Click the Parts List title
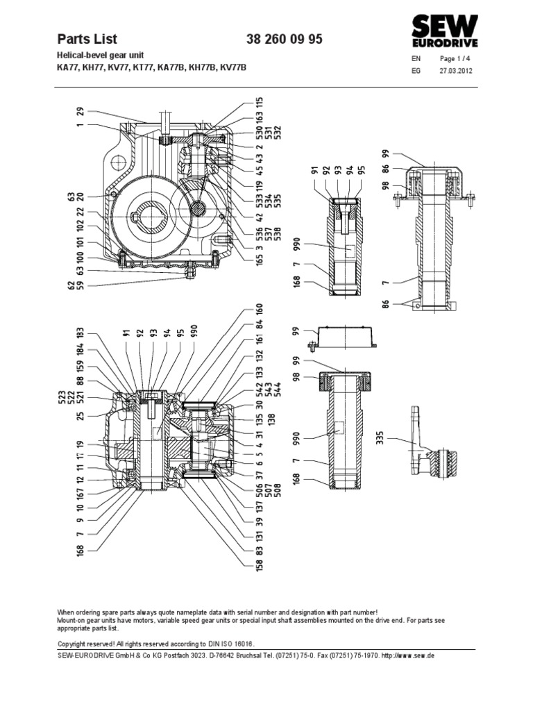87,40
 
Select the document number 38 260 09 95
284,40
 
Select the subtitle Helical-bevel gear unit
97,55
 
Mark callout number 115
241,105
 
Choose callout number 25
81,415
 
